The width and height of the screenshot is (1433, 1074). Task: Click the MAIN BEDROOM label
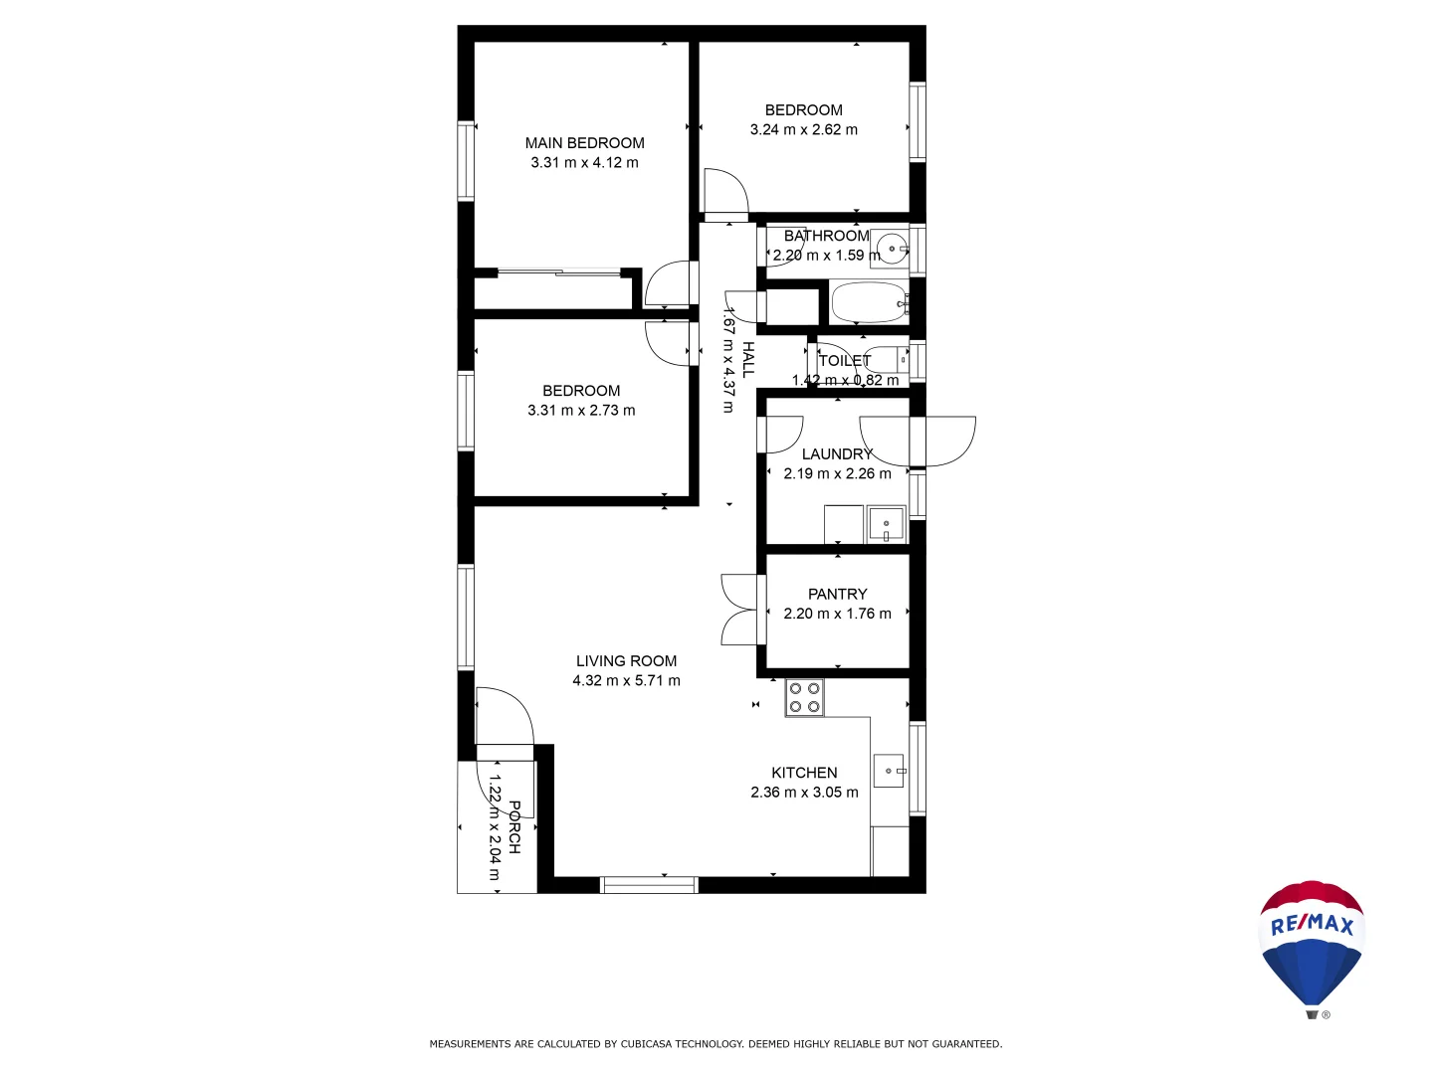pos(584,143)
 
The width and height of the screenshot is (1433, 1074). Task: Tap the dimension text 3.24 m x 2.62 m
pos(803,129)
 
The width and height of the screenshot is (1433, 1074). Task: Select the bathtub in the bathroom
pos(868,302)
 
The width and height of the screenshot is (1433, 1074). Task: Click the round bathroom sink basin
pos(892,249)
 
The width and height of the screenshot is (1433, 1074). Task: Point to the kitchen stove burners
pos(804,697)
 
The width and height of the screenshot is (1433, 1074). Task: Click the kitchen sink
pos(889,771)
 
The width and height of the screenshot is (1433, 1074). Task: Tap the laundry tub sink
pos(885,523)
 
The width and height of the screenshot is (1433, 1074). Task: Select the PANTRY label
pos(837,594)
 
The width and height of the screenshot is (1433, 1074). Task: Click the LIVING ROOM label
pos(626,661)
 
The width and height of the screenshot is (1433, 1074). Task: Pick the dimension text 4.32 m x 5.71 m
pos(626,681)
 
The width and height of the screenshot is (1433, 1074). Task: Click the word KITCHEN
pos(804,773)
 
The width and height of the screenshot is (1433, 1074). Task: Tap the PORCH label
pos(514,827)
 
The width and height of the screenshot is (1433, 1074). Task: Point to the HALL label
pos(748,359)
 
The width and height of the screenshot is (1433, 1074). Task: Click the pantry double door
pos(739,610)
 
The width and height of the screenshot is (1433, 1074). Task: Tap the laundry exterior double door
pos(918,441)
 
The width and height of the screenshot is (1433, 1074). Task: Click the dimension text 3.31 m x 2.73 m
pos(581,411)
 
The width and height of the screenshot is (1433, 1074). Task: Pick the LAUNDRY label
pos(837,454)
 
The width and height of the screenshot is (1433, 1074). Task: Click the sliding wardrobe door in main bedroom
pos(559,270)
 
